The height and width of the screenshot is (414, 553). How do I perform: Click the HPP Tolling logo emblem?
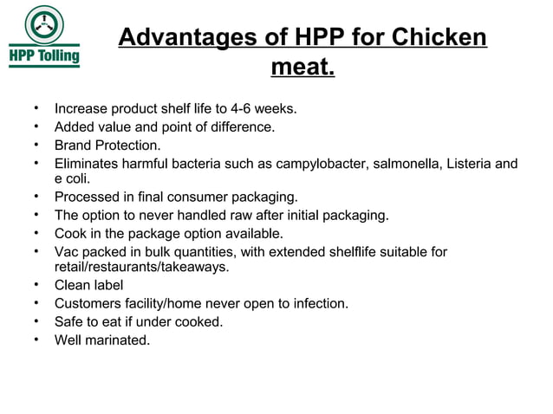42,25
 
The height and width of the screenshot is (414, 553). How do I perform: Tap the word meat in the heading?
299,67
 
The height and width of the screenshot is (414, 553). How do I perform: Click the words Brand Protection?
107,146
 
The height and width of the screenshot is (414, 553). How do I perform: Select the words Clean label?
88,285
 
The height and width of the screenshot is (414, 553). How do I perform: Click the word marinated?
119,340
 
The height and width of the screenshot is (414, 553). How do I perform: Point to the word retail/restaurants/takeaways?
142,267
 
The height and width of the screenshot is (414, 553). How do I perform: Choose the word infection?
318,303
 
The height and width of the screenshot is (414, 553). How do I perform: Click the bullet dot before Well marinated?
36,339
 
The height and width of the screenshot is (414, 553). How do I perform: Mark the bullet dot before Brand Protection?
36,145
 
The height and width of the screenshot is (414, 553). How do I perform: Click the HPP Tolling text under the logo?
44,57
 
